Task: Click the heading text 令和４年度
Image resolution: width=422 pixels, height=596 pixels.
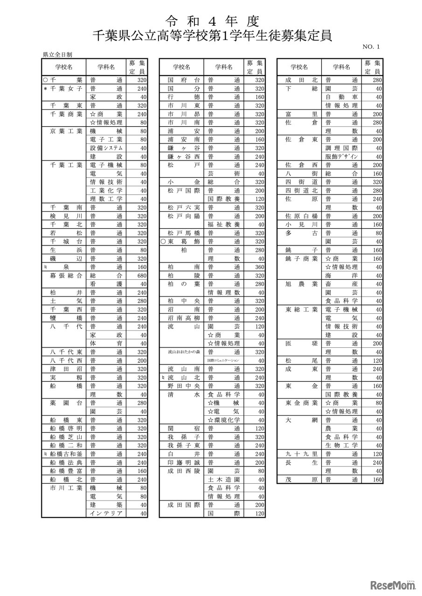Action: [212, 21]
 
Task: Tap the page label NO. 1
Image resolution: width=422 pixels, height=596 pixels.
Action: [371, 47]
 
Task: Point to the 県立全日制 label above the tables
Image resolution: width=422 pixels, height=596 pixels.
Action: [57, 54]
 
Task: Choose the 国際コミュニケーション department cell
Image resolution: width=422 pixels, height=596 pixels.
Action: [224, 360]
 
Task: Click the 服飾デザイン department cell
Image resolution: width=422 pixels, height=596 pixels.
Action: [342, 156]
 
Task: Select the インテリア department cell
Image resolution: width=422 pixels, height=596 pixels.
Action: [106, 514]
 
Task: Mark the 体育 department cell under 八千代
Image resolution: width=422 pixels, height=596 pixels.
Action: [106, 344]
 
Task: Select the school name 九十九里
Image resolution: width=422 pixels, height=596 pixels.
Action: [298, 454]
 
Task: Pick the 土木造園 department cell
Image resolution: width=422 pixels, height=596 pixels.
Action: [224, 480]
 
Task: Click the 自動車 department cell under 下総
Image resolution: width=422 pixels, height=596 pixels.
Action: [342, 97]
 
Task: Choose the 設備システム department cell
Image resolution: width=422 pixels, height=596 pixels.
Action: [106, 148]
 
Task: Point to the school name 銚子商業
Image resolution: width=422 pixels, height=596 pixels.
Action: [298, 258]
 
